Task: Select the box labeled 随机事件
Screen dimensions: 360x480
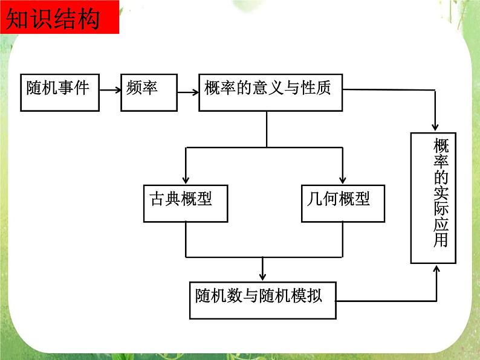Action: pyautogui.click(x=60, y=93)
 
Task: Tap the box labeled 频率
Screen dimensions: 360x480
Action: pyautogui.click(x=149, y=93)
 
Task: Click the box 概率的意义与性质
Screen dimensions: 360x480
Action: pyautogui.click(x=270, y=93)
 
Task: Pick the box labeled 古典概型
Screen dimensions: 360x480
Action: pyautogui.click(x=186, y=202)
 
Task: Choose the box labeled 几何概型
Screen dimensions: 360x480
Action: pyautogui.click(x=343, y=202)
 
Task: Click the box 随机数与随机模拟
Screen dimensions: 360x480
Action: pyautogui.click(x=262, y=300)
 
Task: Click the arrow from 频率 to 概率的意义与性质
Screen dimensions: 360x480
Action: pyautogui.click(x=187, y=92)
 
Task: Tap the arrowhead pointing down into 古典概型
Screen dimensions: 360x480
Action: pyautogui.click(x=186, y=179)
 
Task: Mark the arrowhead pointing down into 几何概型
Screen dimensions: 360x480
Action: pyautogui.click(x=343, y=179)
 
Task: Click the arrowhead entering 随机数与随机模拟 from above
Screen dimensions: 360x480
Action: pyautogui.click(x=262, y=277)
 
